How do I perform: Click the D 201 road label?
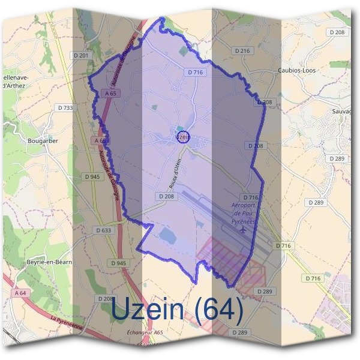coord(83,56)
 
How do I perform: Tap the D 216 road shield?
coord(244,51)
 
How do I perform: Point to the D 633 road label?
coord(103,230)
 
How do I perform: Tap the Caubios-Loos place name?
coord(297,70)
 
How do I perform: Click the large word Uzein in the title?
coord(147,310)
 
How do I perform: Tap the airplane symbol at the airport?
coord(243,229)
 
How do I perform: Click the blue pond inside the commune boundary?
coord(168,236)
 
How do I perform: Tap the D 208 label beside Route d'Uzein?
coord(168,196)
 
